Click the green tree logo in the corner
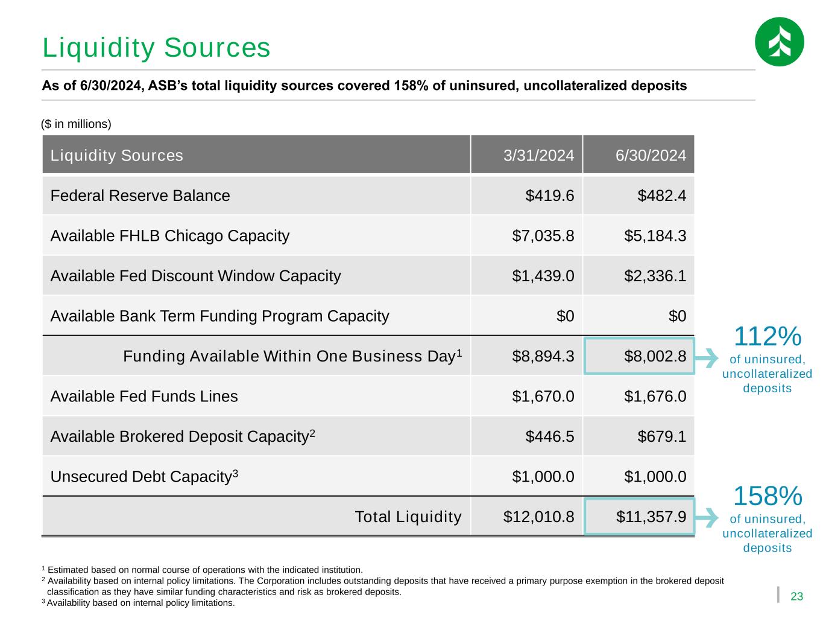[779, 42]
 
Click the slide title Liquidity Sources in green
[156, 48]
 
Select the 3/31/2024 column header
[538, 155]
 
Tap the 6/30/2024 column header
[651, 155]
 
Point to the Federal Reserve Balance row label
[140, 196]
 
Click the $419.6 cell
[550, 196]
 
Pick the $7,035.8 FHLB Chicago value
[543, 235]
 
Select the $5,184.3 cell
[655, 235]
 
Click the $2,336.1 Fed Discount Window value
[655, 276]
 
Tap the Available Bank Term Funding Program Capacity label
[219, 316]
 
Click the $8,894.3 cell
[543, 356]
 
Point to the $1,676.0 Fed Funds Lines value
[655, 397]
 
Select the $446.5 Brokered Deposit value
[550, 436]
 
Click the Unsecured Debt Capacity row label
[144, 477]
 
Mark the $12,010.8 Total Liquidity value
[538, 517]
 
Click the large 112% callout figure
[767, 336]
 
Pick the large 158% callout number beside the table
[767, 496]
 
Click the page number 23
[796, 596]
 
